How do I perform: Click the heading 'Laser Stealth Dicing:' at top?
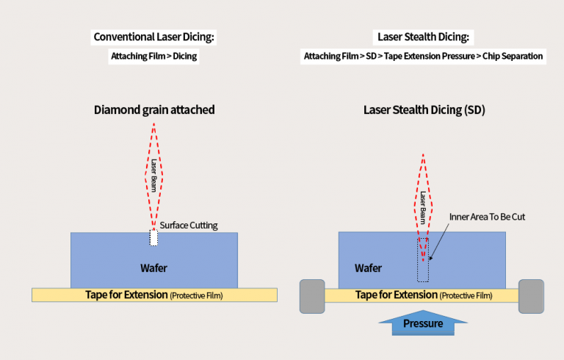[422, 36]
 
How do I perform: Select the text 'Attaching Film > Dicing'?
[153, 56]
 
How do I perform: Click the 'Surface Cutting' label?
[189, 225]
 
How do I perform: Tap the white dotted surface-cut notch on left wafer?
[153, 237]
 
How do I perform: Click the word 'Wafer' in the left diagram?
[153, 268]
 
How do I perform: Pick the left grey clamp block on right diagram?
[311, 296]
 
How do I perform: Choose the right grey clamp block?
[531, 296]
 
